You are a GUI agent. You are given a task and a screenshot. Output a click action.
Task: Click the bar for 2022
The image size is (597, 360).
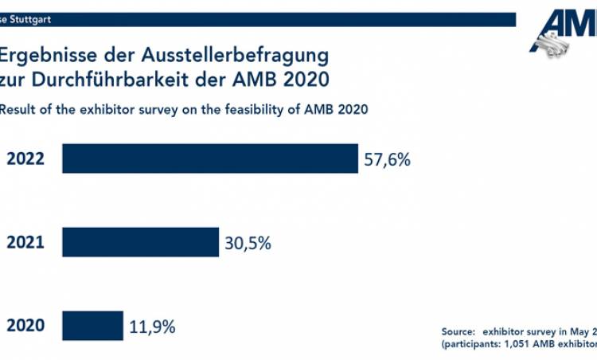(210, 158)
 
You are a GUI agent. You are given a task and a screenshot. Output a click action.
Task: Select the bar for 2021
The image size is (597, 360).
(140, 242)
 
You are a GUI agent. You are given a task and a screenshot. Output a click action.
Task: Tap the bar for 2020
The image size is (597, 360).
(92, 325)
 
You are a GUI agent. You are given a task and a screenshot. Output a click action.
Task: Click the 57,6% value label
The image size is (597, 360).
(387, 159)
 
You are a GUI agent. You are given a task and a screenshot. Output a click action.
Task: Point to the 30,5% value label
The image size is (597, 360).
(248, 243)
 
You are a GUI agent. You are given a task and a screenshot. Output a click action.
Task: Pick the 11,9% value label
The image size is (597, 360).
(152, 326)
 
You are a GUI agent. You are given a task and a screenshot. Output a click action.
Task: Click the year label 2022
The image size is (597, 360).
(25, 159)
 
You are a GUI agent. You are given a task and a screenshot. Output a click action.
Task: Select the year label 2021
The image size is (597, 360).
(25, 243)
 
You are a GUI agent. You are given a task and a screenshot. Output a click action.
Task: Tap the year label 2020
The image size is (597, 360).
(25, 326)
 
